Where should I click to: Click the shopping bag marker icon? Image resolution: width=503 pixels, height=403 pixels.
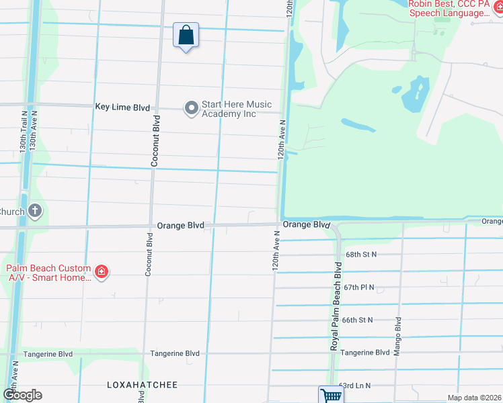click(186, 35)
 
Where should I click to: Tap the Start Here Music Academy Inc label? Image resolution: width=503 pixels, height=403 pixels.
click(237, 109)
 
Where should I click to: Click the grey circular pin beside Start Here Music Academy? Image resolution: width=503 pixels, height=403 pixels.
click(192, 107)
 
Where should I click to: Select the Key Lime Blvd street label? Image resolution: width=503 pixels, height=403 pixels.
click(122, 107)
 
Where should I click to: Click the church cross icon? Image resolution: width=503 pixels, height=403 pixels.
click(35, 212)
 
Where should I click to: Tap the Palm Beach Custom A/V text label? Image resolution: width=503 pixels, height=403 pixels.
click(48, 272)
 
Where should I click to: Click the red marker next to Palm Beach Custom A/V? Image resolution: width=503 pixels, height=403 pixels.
click(101, 272)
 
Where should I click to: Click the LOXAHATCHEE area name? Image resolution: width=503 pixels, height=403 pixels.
click(143, 385)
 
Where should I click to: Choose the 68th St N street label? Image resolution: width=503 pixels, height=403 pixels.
click(361, 255)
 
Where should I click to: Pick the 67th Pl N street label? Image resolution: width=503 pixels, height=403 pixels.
click(358, 287)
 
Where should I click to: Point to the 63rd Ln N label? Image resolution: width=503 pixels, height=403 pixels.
click(354, 386)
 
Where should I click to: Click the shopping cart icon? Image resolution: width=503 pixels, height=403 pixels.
click(330, 395)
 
